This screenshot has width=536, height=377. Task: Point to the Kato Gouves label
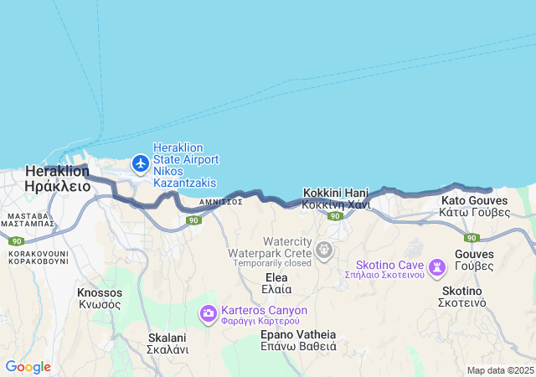[x=475, y=201]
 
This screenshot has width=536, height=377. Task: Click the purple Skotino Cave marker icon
[x=436, y=267]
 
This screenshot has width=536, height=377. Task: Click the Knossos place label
[x=99, y=293]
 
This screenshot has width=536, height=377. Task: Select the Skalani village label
[x=167, y=338]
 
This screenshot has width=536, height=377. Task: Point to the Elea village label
[x=276, y=277]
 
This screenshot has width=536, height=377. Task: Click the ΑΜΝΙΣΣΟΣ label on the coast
[x=221, y=202]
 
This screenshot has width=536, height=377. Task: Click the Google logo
[x=28, y=367]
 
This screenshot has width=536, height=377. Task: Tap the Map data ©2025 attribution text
[x=499, y=370]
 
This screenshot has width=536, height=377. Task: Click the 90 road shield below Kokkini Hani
[x=335, y=217]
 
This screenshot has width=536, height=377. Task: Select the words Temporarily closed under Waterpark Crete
[x=273, y=263]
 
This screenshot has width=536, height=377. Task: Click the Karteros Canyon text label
[x=265, y=310]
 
